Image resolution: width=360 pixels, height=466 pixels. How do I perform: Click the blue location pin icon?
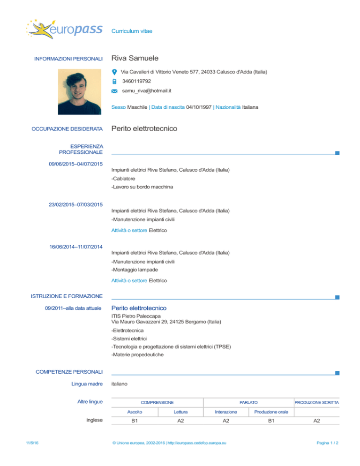(x=115, y=72)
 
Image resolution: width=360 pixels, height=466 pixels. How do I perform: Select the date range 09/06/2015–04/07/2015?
(x=76, y=164)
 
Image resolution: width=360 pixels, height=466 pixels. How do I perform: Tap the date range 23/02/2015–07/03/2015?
(x=76, y=204)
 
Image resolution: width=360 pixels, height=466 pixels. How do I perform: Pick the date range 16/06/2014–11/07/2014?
(x=76, y=246)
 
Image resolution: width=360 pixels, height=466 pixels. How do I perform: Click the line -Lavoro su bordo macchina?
(x=142, y=187)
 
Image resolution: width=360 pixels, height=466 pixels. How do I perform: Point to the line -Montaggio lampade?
(x=135, y=270)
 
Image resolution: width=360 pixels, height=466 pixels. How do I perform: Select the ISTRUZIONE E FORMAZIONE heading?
(x=67, y=296)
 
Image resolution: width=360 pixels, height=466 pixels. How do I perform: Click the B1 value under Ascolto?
(x=135, y=421)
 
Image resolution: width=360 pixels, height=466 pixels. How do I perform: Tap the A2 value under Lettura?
(x=180, y=421)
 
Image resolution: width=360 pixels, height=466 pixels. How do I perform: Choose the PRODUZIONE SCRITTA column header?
(x=316, y=402)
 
